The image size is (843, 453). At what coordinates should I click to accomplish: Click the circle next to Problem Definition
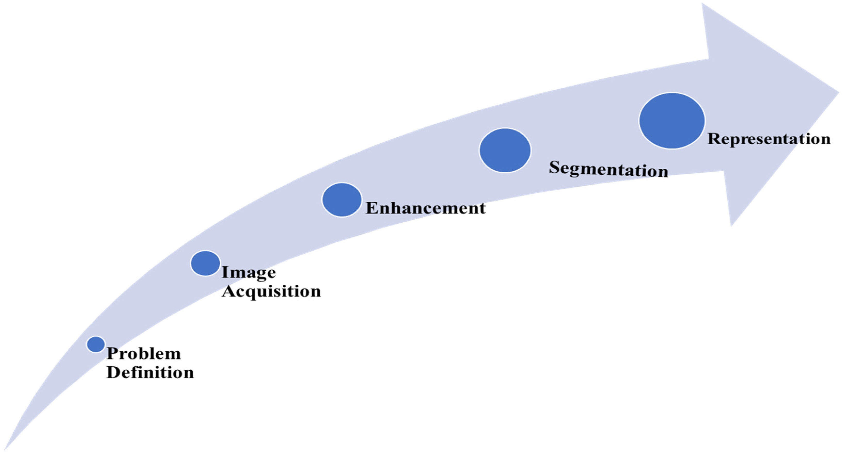click(96, 344)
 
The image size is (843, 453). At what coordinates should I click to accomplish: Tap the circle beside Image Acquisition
click(205, 263)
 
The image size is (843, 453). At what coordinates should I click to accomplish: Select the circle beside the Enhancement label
click(342, 199)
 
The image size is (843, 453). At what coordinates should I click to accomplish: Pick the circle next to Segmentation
click(505, 150)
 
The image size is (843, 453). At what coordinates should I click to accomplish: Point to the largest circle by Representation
click(672, 121)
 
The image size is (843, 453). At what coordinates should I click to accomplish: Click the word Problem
click(144, 354)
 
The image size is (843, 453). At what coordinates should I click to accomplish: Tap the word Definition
click(150, 373)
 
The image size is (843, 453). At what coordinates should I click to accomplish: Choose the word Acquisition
click(271, 291)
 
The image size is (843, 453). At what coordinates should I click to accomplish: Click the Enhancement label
click(425, 208)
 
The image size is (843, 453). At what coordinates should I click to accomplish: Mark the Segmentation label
click(608, 169)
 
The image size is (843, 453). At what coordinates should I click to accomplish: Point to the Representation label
click(769, 139)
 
